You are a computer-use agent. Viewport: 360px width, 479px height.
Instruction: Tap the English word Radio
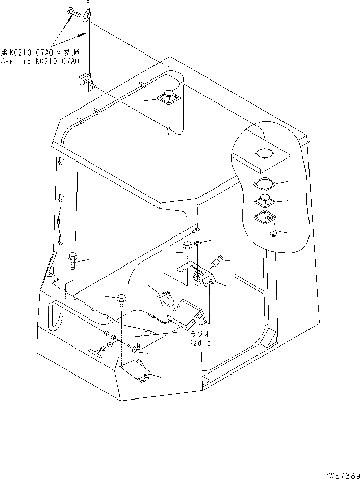click(x=199, y=343)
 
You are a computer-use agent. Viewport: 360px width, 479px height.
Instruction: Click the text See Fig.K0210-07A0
click(x=40, y=61)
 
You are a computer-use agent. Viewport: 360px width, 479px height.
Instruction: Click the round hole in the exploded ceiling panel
click(x=264, y=153)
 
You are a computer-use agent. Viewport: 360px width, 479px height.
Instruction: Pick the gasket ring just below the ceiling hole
click(x=264, y=183)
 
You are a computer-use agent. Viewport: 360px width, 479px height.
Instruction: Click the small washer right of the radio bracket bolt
click(x=198, y=242)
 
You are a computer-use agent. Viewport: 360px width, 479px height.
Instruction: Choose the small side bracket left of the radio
click(x=165, y=299)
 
